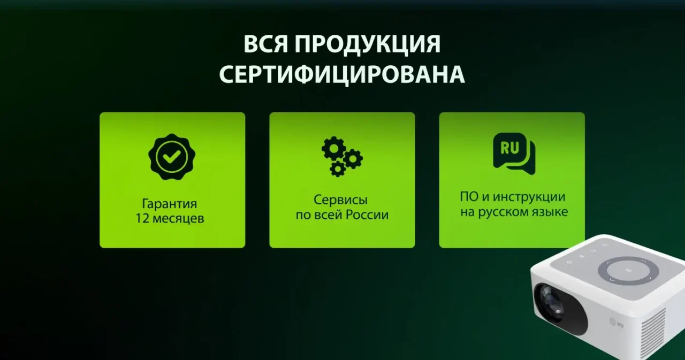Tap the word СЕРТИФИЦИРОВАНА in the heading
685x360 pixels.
[342, 75]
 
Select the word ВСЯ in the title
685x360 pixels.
[265, 45]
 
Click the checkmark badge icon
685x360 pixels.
[172, 156]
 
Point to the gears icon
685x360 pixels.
[341, 156]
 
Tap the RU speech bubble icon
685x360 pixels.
[513, 153]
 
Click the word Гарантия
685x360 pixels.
[170, 204]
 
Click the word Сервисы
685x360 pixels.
[340, 200]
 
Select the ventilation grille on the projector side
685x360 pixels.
[655, 326]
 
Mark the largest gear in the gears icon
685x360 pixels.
[333, 148]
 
